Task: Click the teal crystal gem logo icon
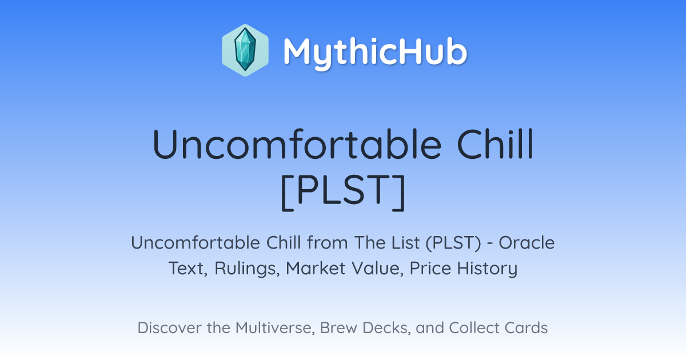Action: (x=245, y=50)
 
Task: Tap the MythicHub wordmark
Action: (x=375, y=51)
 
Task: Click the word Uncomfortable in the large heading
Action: (x=297, y=144)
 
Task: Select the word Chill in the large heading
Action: (x=495, y=144)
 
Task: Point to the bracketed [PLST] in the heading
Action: (x=343, y=192)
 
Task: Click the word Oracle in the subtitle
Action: (x=527, y=243)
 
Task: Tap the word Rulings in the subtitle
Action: (x=247, y=269)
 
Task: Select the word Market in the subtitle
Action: (x=316, y=268)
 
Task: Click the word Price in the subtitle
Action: (x=430, y=268)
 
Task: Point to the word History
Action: (x=487, y=269)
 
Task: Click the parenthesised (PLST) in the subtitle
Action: (x=453, y=243)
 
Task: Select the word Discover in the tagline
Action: (x=169, y=327)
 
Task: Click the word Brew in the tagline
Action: (x=338, y=327)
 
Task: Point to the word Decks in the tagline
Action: (x=386, y=328)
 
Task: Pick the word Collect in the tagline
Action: (x=474, y=327)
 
